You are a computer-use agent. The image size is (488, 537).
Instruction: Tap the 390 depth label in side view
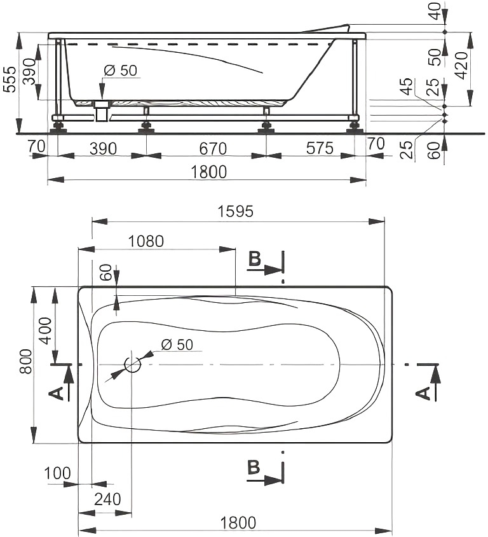(30, 71)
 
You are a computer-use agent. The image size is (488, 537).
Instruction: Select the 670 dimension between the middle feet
(213, 149)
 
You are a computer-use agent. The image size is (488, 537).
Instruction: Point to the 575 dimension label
(319, 148)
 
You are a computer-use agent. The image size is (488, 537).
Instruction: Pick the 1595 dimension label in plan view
(236, 211)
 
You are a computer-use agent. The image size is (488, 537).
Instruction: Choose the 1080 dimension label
(146, 241)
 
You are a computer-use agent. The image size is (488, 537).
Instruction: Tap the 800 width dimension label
(26, 361)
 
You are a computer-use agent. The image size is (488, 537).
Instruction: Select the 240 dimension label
(107, 499)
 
